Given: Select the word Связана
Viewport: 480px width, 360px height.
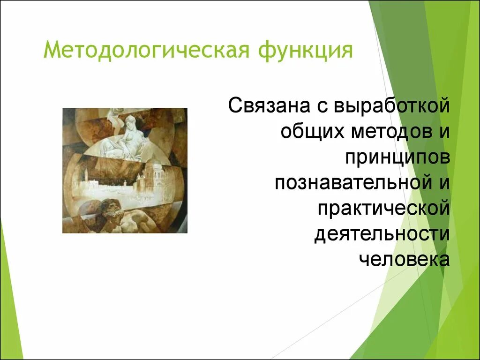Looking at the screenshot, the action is coord(268,105).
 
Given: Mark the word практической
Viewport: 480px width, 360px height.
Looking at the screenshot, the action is coord(384,209).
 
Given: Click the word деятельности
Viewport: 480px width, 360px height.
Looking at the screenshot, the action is coord(382,235).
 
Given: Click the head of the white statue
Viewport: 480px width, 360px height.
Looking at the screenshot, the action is coord(131,121).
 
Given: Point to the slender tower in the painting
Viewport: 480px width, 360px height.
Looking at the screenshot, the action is coord(87,176).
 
